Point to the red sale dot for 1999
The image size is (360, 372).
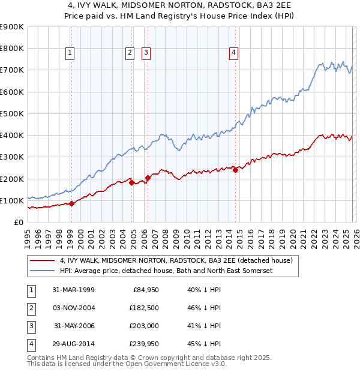(x=72, y=203)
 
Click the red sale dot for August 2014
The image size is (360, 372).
(x=235, y=170)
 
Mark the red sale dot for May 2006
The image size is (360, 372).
(x=148, y=178)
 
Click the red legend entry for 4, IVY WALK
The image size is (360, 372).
(x=176, y=260)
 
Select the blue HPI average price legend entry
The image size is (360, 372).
(x=166, y=271)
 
